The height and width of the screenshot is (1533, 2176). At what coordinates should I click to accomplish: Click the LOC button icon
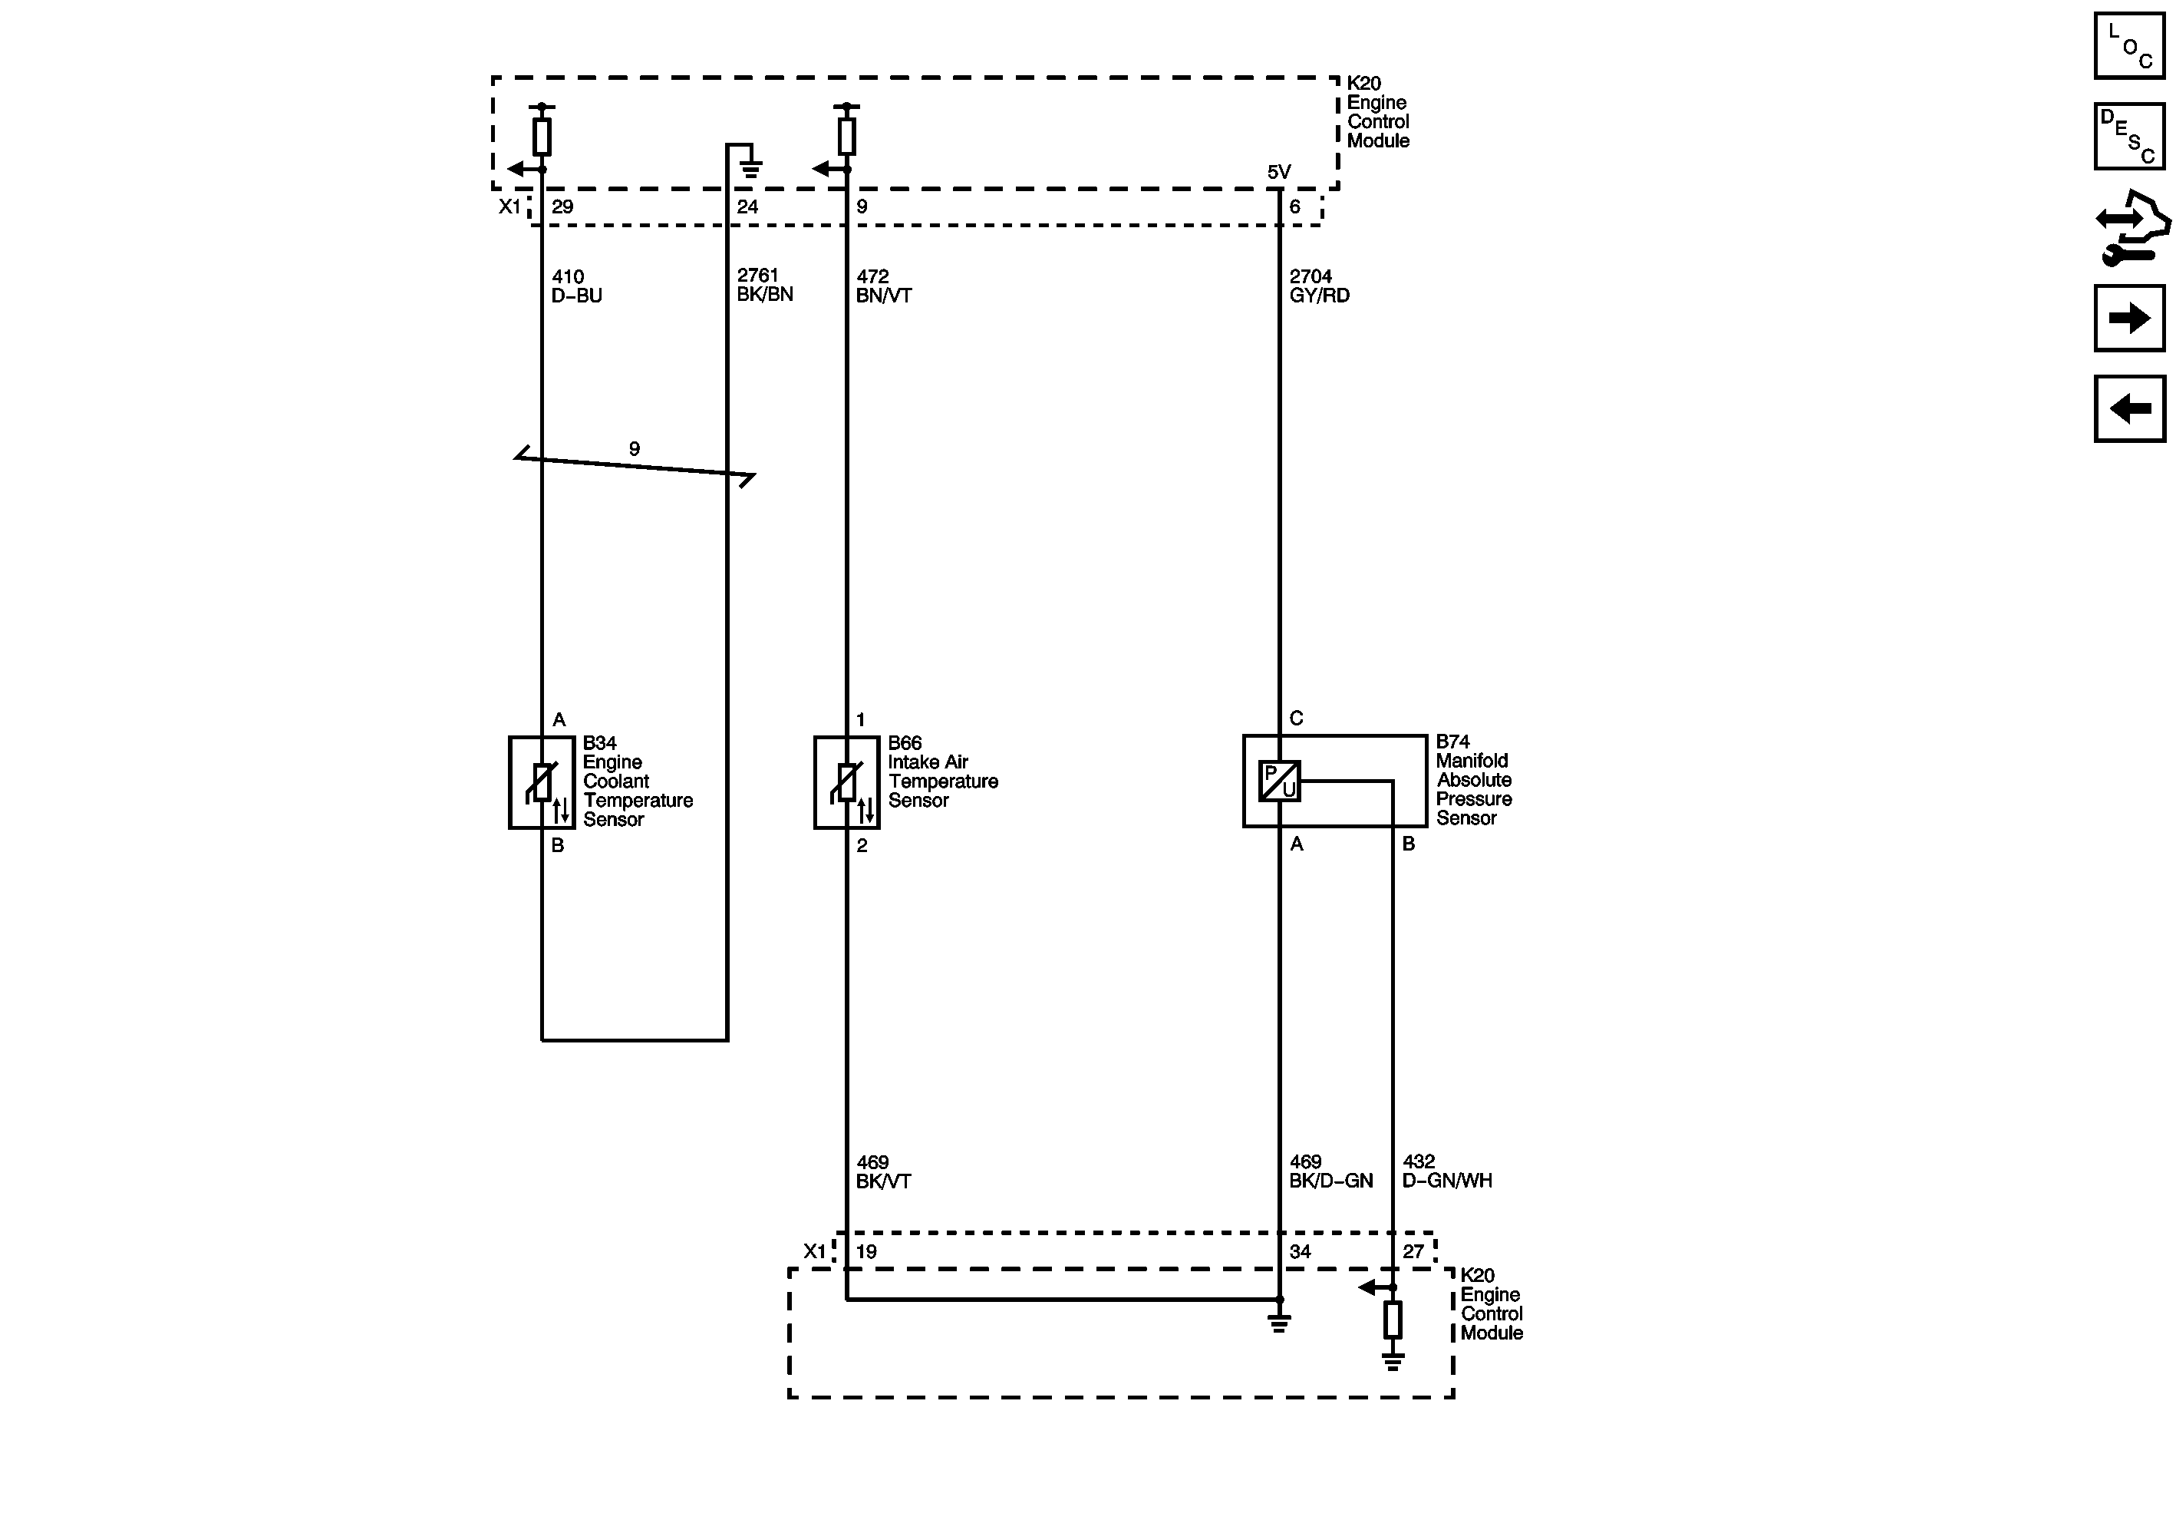point(2129,45)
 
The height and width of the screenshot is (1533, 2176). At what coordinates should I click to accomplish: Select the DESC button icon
point(2129,137)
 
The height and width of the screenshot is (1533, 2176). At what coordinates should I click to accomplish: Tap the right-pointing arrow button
point(2129,319)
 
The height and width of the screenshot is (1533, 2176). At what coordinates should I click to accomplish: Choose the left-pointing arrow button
point(2129,408)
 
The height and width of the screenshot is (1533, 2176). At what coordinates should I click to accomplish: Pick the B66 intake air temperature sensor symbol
point(847,782)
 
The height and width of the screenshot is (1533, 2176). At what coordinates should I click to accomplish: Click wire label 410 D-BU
point(576,286)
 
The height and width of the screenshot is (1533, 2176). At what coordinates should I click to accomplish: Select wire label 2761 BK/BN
point(764,286)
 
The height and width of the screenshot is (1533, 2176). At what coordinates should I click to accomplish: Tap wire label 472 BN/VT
point(883,286)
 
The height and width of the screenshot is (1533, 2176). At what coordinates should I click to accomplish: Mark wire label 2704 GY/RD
point(1319,286)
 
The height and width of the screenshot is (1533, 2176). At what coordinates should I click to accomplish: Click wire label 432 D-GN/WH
point(1446,1171)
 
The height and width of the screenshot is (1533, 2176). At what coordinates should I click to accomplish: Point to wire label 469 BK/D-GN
point(1330,1171)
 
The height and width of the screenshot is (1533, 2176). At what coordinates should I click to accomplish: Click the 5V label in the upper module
point(1278,173)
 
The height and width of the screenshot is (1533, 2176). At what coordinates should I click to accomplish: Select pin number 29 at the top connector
point(562,206)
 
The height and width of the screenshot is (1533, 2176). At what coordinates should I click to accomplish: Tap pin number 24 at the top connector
point(748,206)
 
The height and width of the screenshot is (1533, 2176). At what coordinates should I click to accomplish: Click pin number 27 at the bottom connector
point(1413,1251)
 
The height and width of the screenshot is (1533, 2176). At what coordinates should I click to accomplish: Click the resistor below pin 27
point(1392,1320)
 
